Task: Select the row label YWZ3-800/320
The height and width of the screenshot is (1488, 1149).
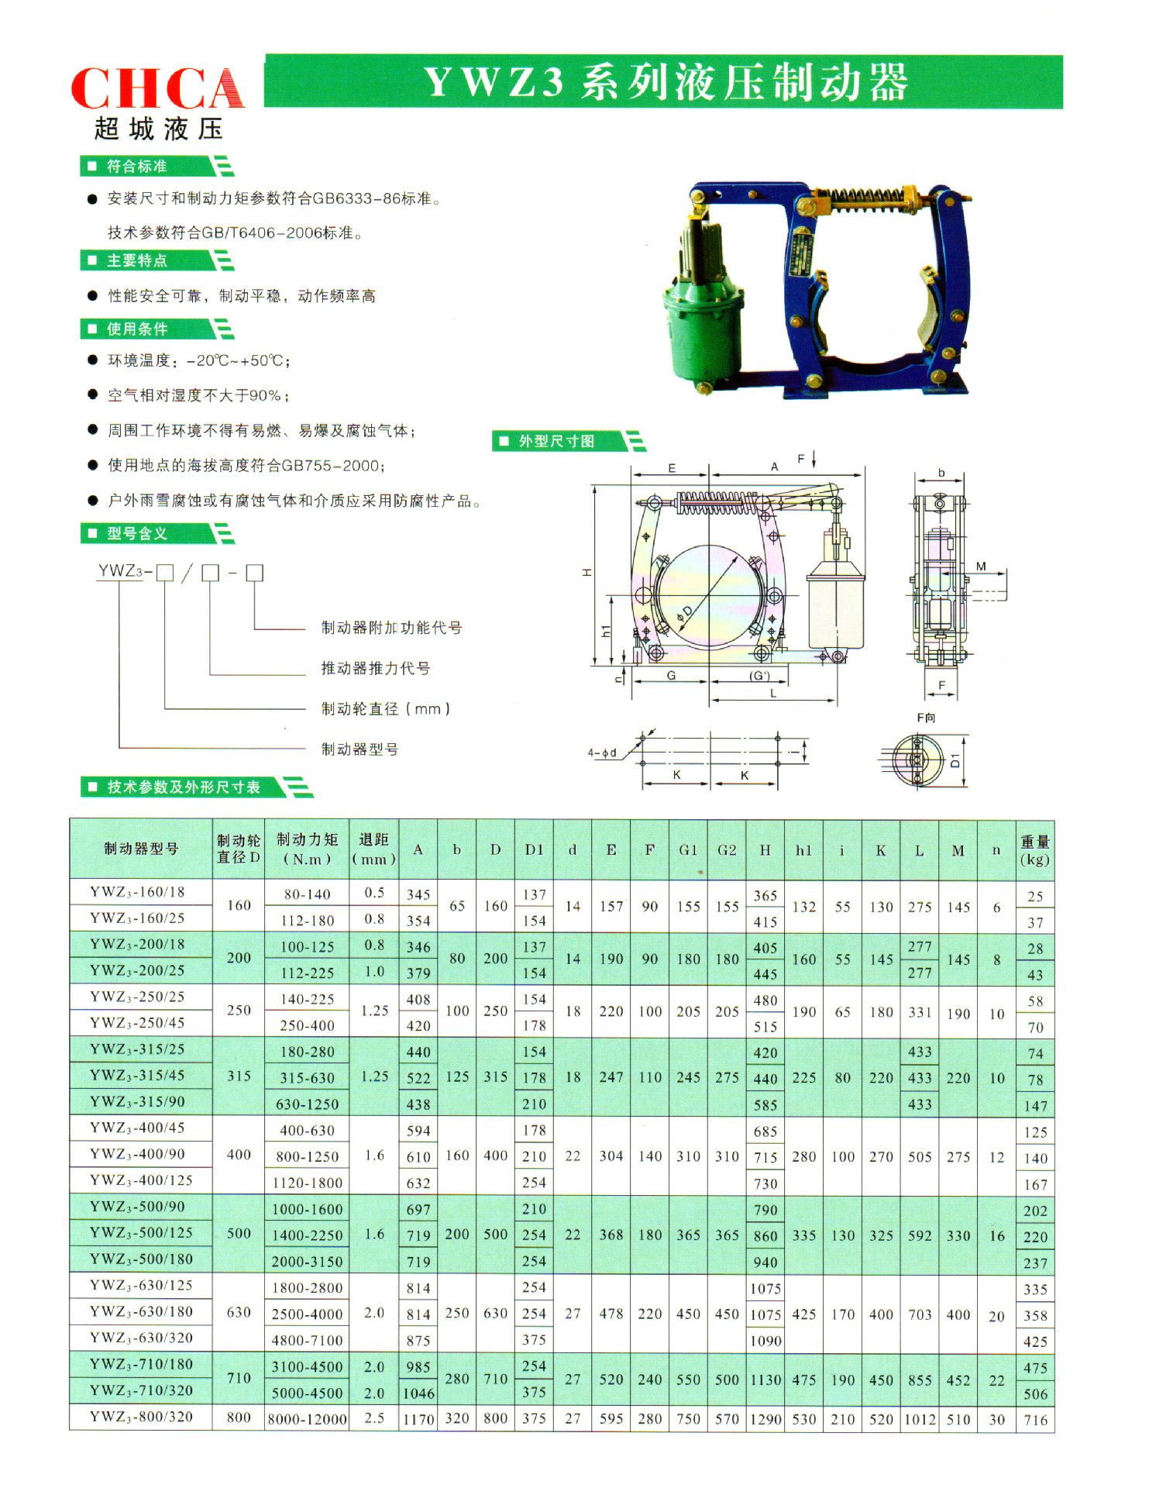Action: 140,1417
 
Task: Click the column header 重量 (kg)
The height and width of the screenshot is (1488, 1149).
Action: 1034,850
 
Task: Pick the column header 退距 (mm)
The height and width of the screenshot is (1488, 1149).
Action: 373,849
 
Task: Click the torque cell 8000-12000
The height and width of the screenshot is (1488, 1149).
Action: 307,1419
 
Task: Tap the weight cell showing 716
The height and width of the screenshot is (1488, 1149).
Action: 1035,1420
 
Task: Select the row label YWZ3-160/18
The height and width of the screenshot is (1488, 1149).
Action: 137,892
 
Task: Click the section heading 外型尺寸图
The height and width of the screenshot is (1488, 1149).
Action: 556,441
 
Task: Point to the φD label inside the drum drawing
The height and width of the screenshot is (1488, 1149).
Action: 685,613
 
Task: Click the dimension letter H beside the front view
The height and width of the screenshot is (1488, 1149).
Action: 587,572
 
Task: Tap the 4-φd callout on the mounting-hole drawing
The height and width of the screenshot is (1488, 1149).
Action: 602,753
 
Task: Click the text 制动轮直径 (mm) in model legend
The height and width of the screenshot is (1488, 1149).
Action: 385,708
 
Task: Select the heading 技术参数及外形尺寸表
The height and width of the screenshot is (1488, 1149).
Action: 184,787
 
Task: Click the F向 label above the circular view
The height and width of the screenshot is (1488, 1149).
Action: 926,718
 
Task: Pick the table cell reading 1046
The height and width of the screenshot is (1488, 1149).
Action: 418,1393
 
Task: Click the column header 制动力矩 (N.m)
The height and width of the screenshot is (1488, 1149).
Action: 307,849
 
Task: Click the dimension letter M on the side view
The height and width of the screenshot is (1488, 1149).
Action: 981,567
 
